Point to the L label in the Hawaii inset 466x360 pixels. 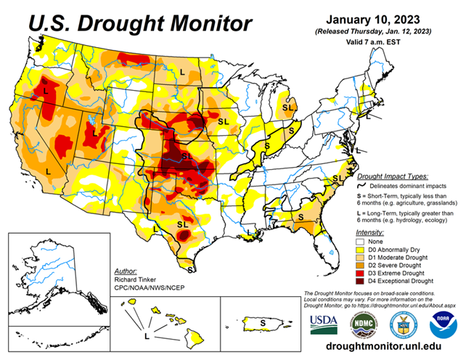pyautogui.click(x=148, y=337)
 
